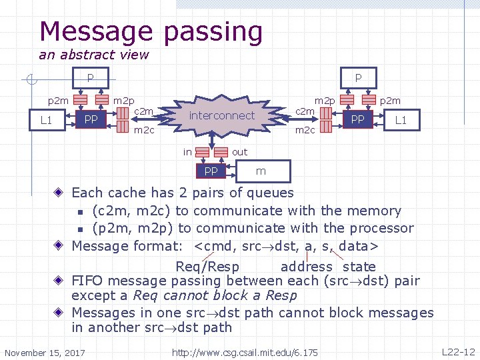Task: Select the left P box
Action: tap(90, 78)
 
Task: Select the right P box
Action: tap(358, 78)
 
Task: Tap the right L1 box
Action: tap(401, 119)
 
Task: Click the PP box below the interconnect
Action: tap(211, 171)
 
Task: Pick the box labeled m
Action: tap(261, 171)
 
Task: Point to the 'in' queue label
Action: tap(188, 152)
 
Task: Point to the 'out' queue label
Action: tap(239, 152)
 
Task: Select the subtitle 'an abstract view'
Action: tap(93, 55)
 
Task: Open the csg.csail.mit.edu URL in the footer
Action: tap(245, 352)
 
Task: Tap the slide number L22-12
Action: tap(458, 351)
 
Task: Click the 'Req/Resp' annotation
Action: tap(207, 267)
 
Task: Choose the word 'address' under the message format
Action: tap(307, 267)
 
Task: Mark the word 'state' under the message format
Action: tap(359, 267)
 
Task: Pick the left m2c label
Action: tap(144, 130)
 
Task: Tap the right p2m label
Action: tap(390, 101)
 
